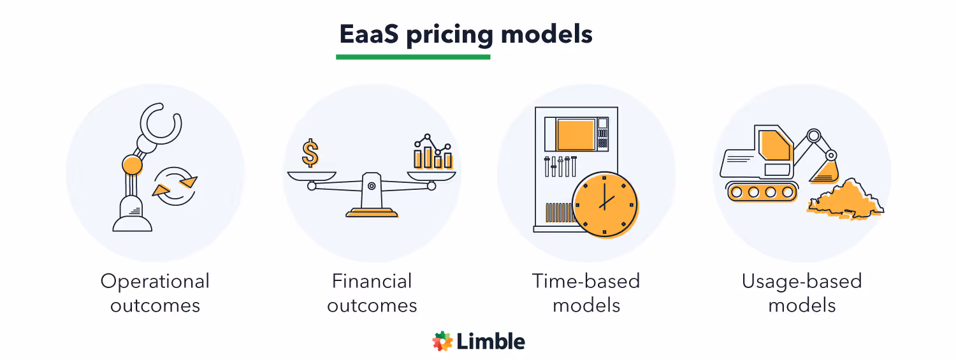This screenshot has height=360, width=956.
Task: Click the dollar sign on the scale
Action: (x=310, y=154)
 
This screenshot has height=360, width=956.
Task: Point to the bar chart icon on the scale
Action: (x=433, y=153)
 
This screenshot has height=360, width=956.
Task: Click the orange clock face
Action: (x=604, y=204)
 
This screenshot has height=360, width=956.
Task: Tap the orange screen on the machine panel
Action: (x=575, y=134)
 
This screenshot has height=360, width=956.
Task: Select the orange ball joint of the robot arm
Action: (x=132, y=165)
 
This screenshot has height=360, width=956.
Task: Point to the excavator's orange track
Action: (x=762, y=191)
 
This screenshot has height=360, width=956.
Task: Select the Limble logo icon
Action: (x=442, y=342)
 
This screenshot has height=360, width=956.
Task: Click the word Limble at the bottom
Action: (x=491, y=342)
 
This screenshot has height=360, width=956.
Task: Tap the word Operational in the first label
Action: (x=155, y=281)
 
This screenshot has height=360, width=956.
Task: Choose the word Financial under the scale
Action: (x=372, y=281)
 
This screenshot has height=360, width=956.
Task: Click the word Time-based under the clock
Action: (x=586, y=281)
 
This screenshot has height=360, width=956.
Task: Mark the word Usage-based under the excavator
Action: (x=801, y=281)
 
